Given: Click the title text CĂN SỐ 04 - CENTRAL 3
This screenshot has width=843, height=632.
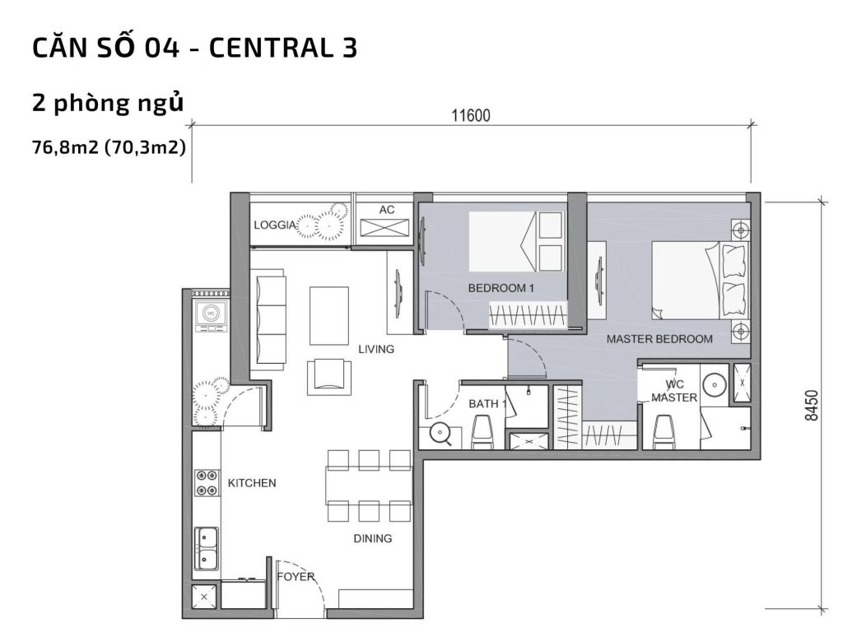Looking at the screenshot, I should [194, 49].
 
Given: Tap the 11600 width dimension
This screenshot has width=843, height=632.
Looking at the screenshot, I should [470, 115].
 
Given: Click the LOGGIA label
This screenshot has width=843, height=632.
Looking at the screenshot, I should [275, 225].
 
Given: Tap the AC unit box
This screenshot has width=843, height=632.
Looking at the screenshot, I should [386, 222].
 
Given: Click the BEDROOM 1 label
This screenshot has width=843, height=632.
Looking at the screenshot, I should [501, 288].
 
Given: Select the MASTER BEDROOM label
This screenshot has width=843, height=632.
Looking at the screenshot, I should [659, 338].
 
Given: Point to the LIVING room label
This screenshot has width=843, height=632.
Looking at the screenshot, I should [376, 349].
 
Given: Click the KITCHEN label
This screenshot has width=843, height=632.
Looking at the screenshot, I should [252, 483].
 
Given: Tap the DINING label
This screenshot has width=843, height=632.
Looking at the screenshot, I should [372, 539].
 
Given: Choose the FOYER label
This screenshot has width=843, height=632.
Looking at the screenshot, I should [296, 577].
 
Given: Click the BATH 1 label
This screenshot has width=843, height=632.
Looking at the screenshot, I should [486, 404].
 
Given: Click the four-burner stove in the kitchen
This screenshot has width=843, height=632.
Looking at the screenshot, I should [207, 483].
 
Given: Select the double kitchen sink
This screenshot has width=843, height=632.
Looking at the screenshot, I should [207, 548].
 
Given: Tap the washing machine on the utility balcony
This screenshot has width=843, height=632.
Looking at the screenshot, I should [211, 314].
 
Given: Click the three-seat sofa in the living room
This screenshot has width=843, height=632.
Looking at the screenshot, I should [271, 317].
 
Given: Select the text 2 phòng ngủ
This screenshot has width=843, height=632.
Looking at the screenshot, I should [106, 103].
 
